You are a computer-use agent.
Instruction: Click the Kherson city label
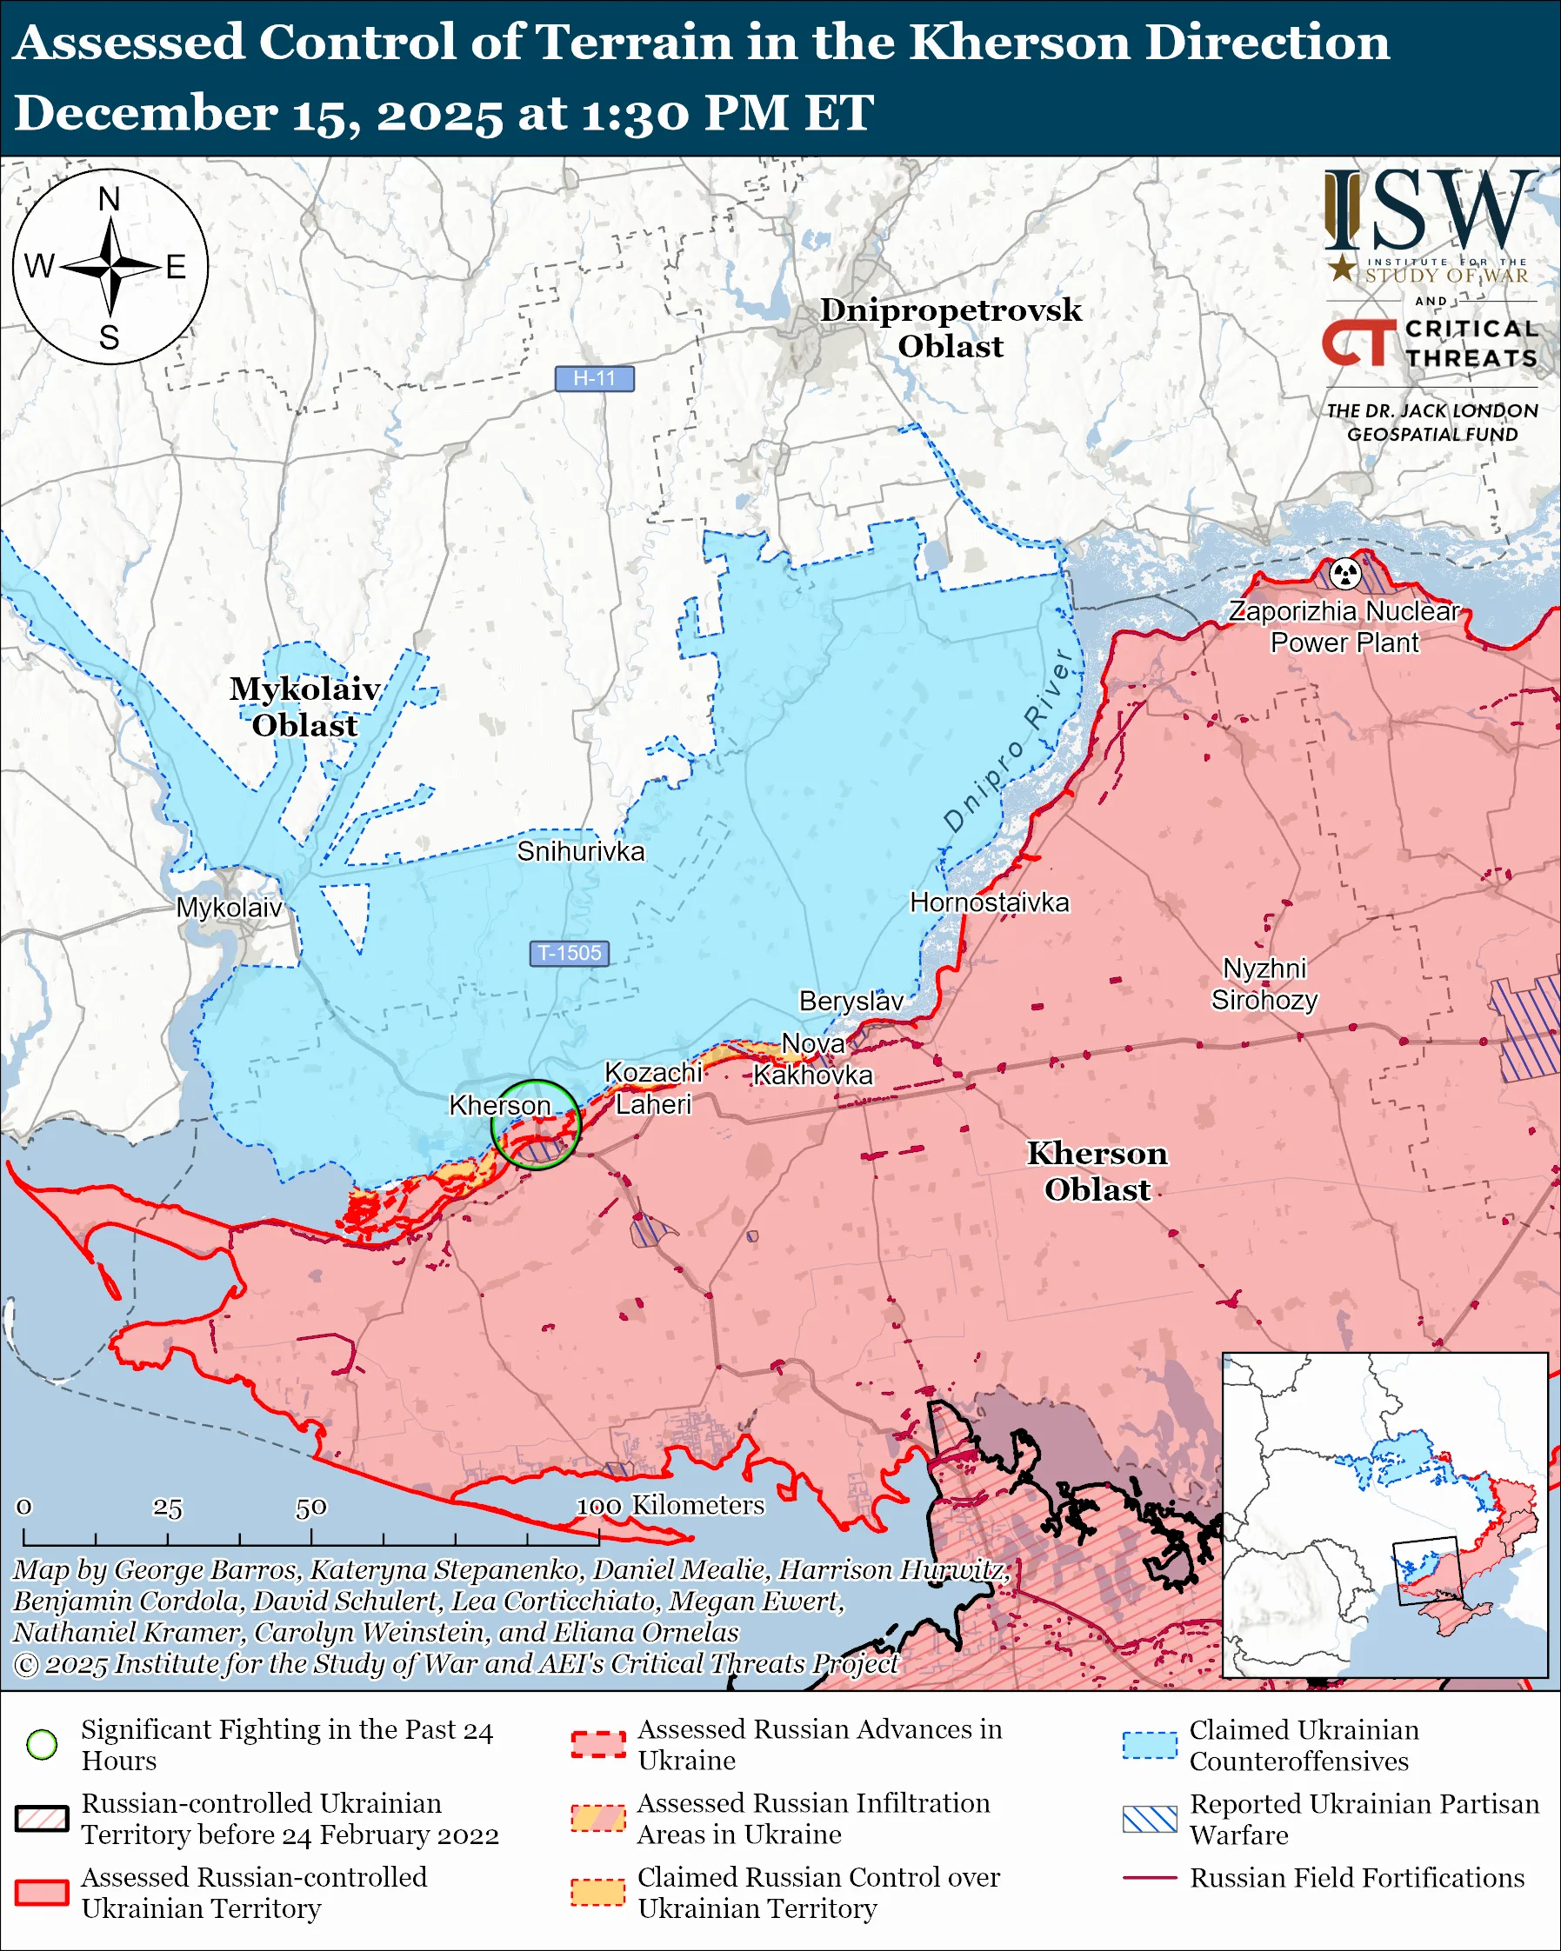(499, 1105)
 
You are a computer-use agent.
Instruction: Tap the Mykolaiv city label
(229, 908)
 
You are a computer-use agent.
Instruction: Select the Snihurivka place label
(580, 851)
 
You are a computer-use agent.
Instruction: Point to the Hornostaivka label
(989, 902)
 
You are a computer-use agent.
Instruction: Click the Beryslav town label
(851, 1001)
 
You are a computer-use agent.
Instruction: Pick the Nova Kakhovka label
(812, 1060)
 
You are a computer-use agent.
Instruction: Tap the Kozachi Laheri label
(652, 1089)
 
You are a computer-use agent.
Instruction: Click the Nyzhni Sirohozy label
(1264, 984)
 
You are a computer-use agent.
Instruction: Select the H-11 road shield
(595, 378)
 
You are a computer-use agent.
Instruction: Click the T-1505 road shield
(570, 953)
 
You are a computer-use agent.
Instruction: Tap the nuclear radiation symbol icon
(1345, 572)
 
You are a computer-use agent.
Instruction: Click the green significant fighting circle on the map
(535, 1125)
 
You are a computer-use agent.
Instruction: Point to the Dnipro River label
(1008, 739)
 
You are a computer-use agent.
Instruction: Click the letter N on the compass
(110, 199)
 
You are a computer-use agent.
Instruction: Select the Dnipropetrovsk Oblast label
(951, 328)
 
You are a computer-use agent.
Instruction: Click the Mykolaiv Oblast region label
(304, 707)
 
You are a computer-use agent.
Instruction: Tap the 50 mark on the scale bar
(310, 1508)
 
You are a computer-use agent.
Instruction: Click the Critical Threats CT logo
(1358, 343)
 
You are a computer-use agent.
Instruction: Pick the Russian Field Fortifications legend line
(1150, 1879)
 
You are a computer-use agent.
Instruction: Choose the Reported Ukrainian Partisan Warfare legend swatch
(1150, 1820)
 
